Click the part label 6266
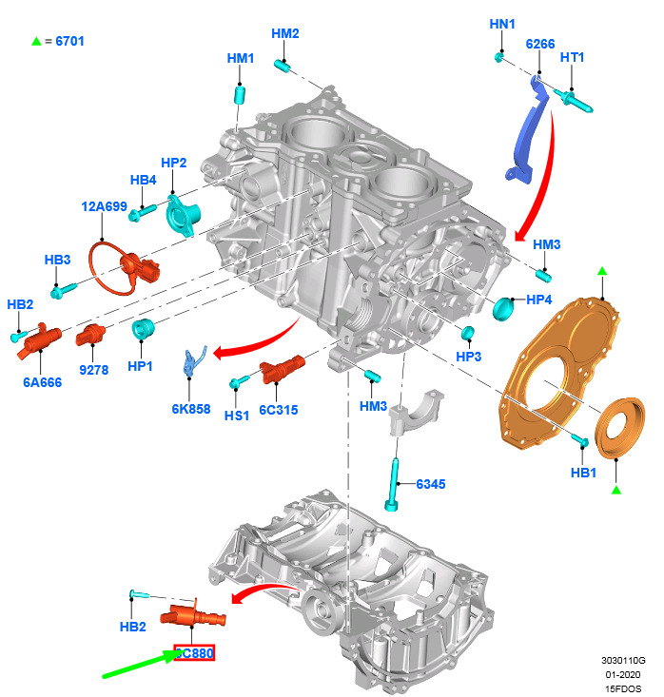tap(539, 44)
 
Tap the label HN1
tap(501, 23)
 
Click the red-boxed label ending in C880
tap(194, 653)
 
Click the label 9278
tap(92, 368)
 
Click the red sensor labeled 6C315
tap(283, 369)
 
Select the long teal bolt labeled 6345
tap(392, 480)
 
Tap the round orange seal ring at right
tap(618, 428)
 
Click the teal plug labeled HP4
tap(504, 308)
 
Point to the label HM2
tap(285, 33)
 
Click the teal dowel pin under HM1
tap(241, 95)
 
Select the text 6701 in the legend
tap(70, 41)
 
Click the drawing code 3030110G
tap(623, 660)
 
